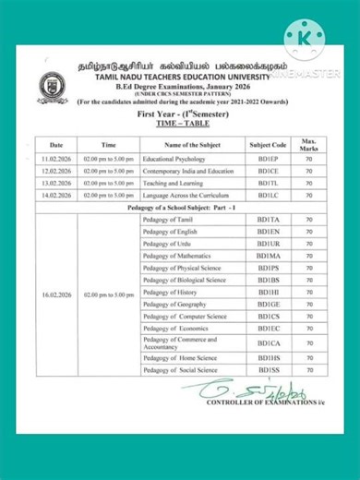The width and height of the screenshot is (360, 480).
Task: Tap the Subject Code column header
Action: point(269,145)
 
